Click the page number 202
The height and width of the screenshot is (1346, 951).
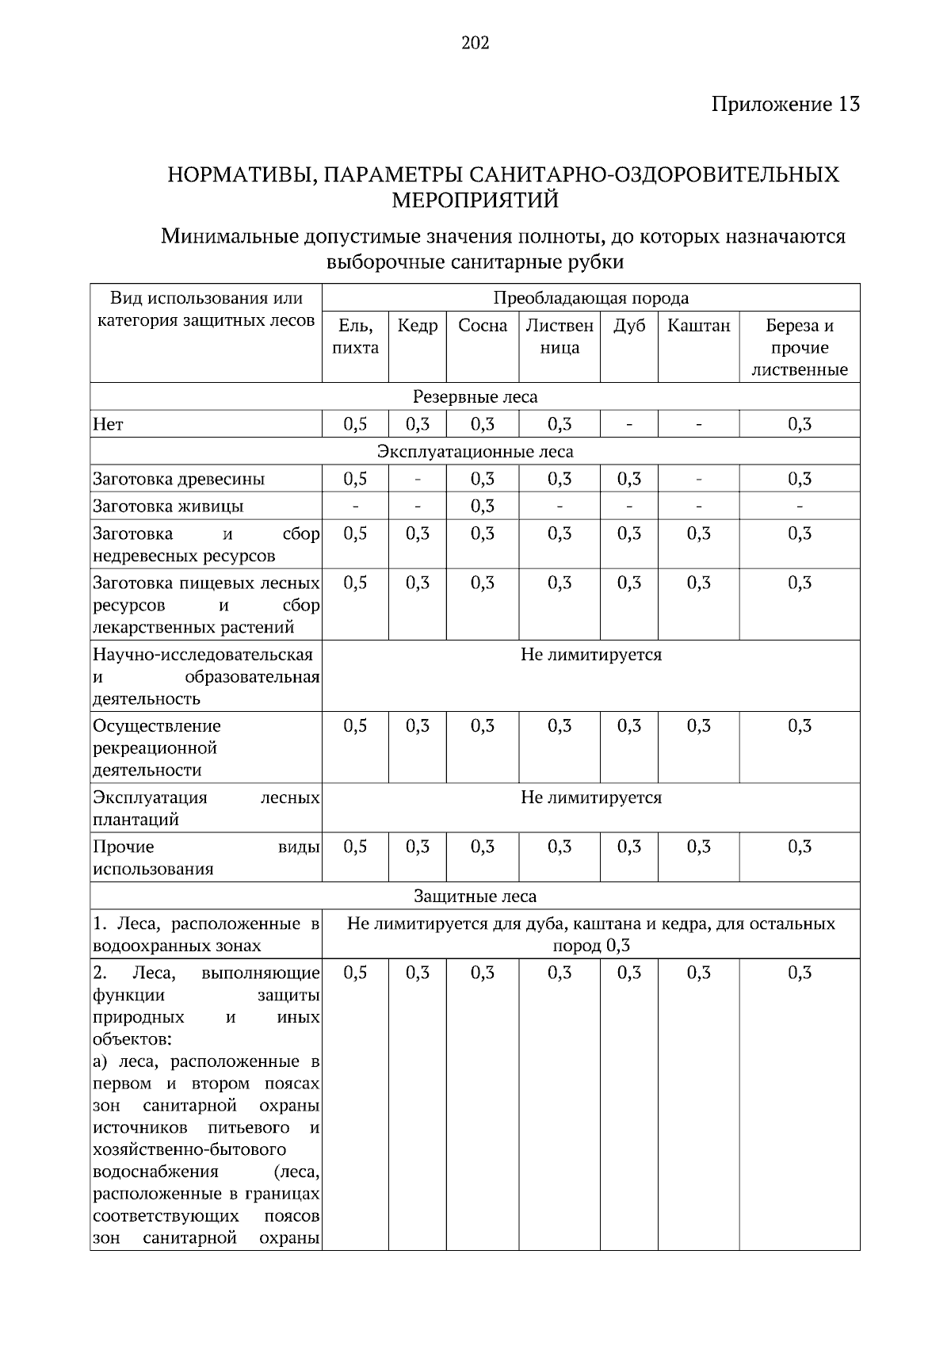click(475, 43)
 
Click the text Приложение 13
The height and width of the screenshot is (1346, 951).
click(785, 104)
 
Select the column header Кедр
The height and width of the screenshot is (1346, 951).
click(417, 326)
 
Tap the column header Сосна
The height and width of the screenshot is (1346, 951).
click(483, 326)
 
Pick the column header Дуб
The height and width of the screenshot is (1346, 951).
click(628, 326)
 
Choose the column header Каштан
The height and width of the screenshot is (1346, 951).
click(698, 326)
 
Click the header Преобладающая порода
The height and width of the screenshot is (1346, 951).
click(590, 298)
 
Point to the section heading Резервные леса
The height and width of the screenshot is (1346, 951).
click(475, 396)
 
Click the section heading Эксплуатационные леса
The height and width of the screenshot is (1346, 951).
click(475, 451)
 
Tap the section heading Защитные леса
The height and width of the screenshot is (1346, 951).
click(475, 896)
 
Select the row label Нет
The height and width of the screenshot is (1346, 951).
click(109, 424)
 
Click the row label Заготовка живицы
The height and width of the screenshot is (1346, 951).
click(168, 506)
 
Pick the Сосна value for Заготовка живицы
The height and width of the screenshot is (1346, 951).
click(483, 506)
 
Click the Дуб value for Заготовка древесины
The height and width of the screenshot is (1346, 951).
click(628, 479)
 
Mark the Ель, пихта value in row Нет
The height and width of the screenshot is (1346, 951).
click(355, 424)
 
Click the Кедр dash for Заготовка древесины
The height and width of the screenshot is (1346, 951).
click(417, 479)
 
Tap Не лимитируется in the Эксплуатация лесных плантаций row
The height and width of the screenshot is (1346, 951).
click(590, 797)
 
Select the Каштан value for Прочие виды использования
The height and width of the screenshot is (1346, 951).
click(698, 847)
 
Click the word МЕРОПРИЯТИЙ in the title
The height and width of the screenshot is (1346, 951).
click(475, 200)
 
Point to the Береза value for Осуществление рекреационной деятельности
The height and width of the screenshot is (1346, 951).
click(799, 726)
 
